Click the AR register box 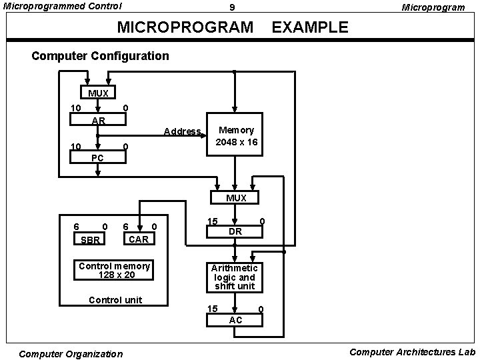pos(98,120)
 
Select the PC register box pos(97,157)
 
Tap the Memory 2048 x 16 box pos(236,137)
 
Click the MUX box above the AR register pos(98,93)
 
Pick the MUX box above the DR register pos(235,198)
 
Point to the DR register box pos(235,231)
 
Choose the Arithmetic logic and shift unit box pos(235,277)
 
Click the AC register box pos(235,319)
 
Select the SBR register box pos(89,240)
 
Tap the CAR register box pos(138,239)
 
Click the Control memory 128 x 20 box pos(115,270)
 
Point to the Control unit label pos(115,300)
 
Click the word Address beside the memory pos(182,131)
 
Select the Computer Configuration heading pos(100,56)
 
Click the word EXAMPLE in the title pos(310,27)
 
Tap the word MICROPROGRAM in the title pos(185,27)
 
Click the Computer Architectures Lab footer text pos(412,352)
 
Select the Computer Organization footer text pos(71,354)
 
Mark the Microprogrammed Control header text pos(63,7)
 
